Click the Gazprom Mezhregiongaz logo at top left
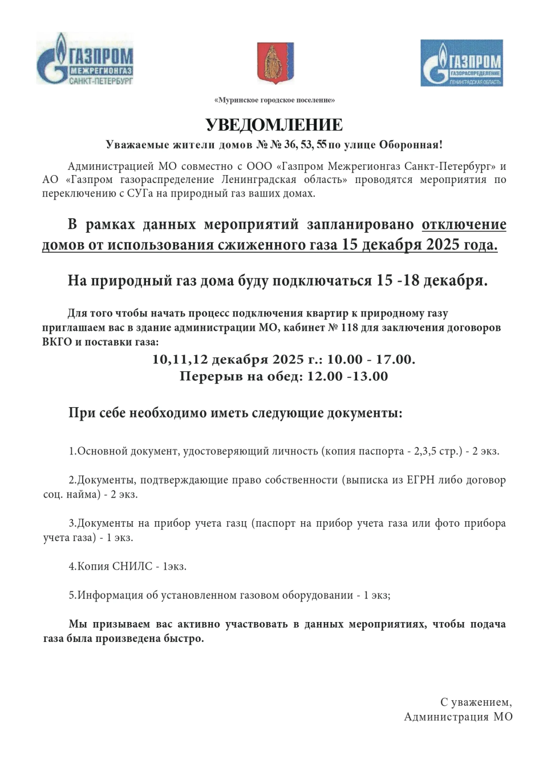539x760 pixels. [84, 59]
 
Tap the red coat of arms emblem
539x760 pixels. [275, 62]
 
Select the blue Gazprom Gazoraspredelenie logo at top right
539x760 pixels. [461, 63]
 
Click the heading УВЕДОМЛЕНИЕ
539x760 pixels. [274, 124]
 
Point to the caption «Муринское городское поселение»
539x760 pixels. [274, 100]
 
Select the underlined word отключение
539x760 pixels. [464, 224]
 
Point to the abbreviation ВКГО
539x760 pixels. [56, 343]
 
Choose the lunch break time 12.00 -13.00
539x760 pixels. [347, 376]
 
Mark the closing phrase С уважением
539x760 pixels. [476, 702]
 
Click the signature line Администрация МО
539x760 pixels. [458, 717]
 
